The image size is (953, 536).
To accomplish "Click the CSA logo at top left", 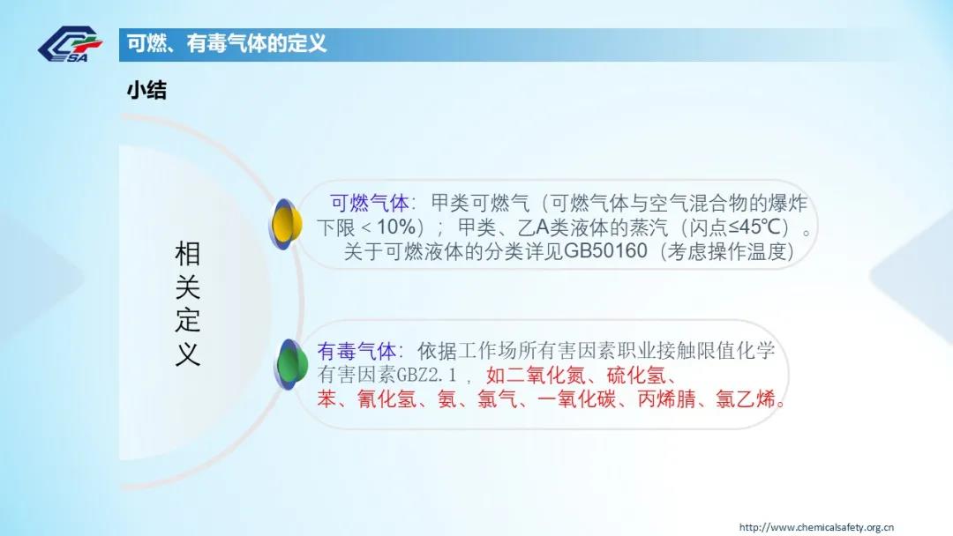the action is point(70,44).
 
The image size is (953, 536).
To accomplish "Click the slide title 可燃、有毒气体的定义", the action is point(227,44).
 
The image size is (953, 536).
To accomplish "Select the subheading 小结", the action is point(146,91).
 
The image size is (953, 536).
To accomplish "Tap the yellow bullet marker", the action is point(286,224).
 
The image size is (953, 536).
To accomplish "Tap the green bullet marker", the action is point(290,364).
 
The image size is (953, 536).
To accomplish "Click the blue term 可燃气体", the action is point(370,202).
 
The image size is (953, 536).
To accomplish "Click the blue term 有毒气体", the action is point(356,351).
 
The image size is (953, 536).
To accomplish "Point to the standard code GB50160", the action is point(605,250).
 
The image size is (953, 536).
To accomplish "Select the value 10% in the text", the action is point(396,227).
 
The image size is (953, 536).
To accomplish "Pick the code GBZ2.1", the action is point(425,375).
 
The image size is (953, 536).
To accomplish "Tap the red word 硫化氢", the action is point(636,376).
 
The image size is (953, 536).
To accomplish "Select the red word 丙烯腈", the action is point(666,398).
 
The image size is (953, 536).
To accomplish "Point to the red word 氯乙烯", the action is point(746,398).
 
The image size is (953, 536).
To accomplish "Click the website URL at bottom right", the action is point(816,527).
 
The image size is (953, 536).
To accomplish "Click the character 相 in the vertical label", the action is point(187,254).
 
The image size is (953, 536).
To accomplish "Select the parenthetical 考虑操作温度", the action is point(727,250).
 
